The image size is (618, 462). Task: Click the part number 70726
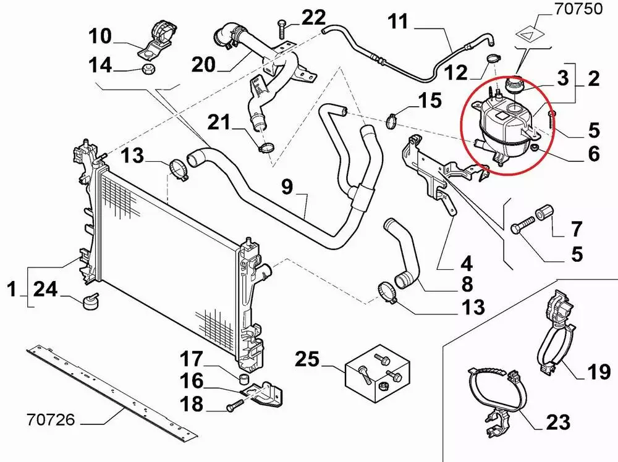click(51, 421)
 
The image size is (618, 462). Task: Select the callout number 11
click(399, 22)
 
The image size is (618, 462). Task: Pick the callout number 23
click(558, 422)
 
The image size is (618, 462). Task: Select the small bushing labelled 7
click(543, 213)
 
